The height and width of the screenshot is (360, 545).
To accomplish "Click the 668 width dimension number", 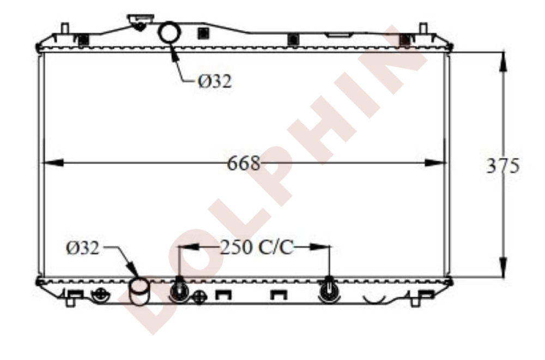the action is (243, 163).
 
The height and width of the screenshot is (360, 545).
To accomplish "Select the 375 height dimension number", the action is (502, 166).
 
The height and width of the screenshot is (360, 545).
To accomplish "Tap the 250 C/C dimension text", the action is (257, 248).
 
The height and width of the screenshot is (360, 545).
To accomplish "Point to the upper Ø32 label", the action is (214, 81).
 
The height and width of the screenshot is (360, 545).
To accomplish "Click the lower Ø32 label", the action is (83, 248).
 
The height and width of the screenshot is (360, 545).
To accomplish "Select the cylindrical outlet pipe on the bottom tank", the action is (139, 292).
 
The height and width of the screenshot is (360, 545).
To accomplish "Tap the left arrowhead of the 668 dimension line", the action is (53, 163).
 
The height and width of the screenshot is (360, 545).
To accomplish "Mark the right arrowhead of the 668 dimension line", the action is (435, 163).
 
